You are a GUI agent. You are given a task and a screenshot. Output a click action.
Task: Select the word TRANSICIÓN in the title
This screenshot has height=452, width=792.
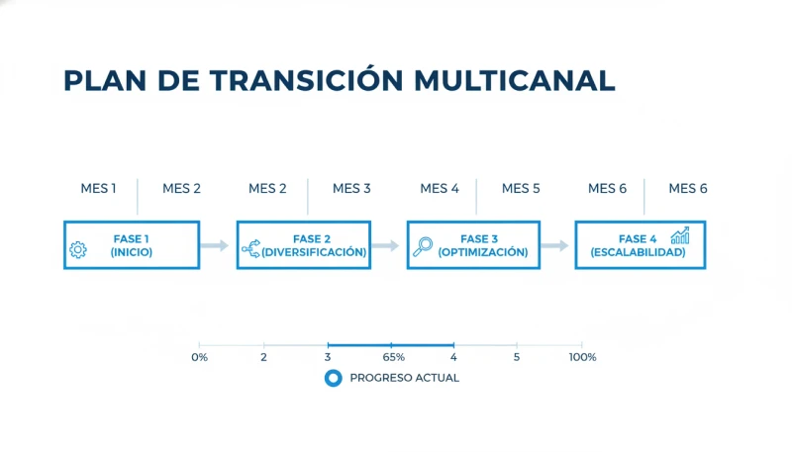click(x=278, y=81)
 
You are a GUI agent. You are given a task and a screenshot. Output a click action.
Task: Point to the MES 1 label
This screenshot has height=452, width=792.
click(x=98, y=188)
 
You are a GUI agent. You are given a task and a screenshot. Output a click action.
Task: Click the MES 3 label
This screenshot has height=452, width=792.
click(x=351, y=188)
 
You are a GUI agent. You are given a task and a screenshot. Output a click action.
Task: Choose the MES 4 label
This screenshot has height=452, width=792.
click(x=440, y=188)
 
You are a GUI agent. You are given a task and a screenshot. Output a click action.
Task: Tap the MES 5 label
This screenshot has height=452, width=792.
click(x=521, y=188)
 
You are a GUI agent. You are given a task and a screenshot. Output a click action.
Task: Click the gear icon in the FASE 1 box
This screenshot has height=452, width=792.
click(x=78, y=250)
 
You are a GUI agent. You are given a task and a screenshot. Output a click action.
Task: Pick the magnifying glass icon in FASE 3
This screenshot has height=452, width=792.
click(x=423, y=247)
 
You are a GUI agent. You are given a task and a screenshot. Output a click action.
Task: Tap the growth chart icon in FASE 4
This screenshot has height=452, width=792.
click(x=680, y=235)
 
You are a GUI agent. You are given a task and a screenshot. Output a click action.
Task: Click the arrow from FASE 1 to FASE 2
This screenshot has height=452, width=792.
click(x=214, y=245)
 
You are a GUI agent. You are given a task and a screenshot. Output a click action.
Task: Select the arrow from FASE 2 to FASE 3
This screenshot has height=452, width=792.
click(x=385, y=245)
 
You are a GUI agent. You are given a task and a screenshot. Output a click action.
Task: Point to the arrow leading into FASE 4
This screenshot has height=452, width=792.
click(x=555, y=245)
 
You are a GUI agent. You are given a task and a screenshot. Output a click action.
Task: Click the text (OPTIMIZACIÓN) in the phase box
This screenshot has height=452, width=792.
click(x=482, y=252)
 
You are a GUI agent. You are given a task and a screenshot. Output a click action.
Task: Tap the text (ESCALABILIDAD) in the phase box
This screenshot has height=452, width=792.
click(x=638, y=252)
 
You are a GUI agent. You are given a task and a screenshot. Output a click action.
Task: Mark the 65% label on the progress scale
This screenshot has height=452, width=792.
click(x=393, y=357)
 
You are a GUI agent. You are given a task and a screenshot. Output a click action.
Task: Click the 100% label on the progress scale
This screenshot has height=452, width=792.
click(x=582, y=357)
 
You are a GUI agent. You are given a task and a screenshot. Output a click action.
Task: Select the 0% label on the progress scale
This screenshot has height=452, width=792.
click(x=199, y=357)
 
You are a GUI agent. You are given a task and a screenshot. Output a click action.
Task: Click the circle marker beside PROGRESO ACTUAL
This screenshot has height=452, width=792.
click(x=334, y=378)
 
